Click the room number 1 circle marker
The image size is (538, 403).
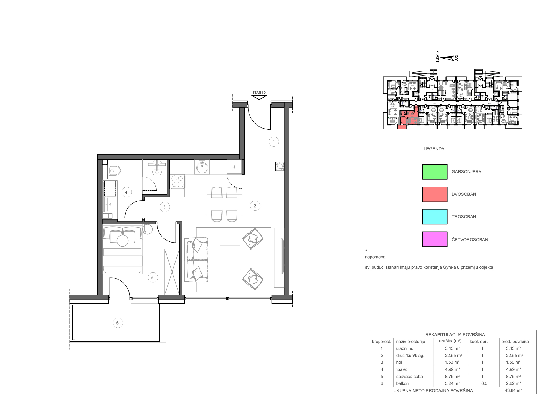(x=274, y=142)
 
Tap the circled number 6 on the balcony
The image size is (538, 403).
(x=118, y=323)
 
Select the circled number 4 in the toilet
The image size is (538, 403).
(x=126, y=192)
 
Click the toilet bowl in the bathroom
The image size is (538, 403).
(x=114, y=171)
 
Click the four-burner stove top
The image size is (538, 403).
(x=177, y=181)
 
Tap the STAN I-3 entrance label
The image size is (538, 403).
(x=259, y=92)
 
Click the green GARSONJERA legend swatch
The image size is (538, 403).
(x=435, y=172)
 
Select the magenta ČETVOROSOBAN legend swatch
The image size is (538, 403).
(x=435, y=239)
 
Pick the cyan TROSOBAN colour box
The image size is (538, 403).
(x=435, y=217)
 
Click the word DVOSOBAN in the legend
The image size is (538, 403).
(x=464, y=194)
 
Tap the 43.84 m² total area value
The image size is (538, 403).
(x=513, y=390)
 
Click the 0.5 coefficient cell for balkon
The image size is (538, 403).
(x=484, y=383)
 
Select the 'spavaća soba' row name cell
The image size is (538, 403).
(x=409, y=377)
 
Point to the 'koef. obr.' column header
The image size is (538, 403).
(x=479, y=342)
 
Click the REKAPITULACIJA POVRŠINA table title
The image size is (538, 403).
(x=455, y=335)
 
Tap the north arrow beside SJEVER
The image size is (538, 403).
(x=447, y=58)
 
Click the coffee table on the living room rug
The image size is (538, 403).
(x=230, y=258)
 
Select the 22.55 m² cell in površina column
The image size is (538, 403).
(x=453, y=356)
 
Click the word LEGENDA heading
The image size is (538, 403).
(x=434, y=149)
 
